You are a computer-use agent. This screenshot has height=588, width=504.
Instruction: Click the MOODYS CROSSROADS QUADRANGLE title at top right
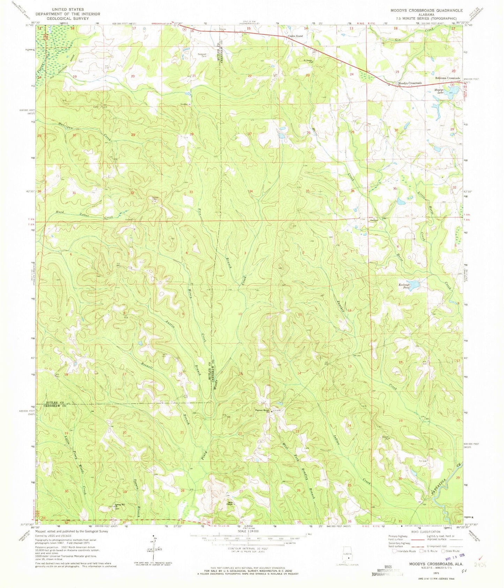click(x=423, y=10)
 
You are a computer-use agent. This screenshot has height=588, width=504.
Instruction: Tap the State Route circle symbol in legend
click(x=444, y=551)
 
